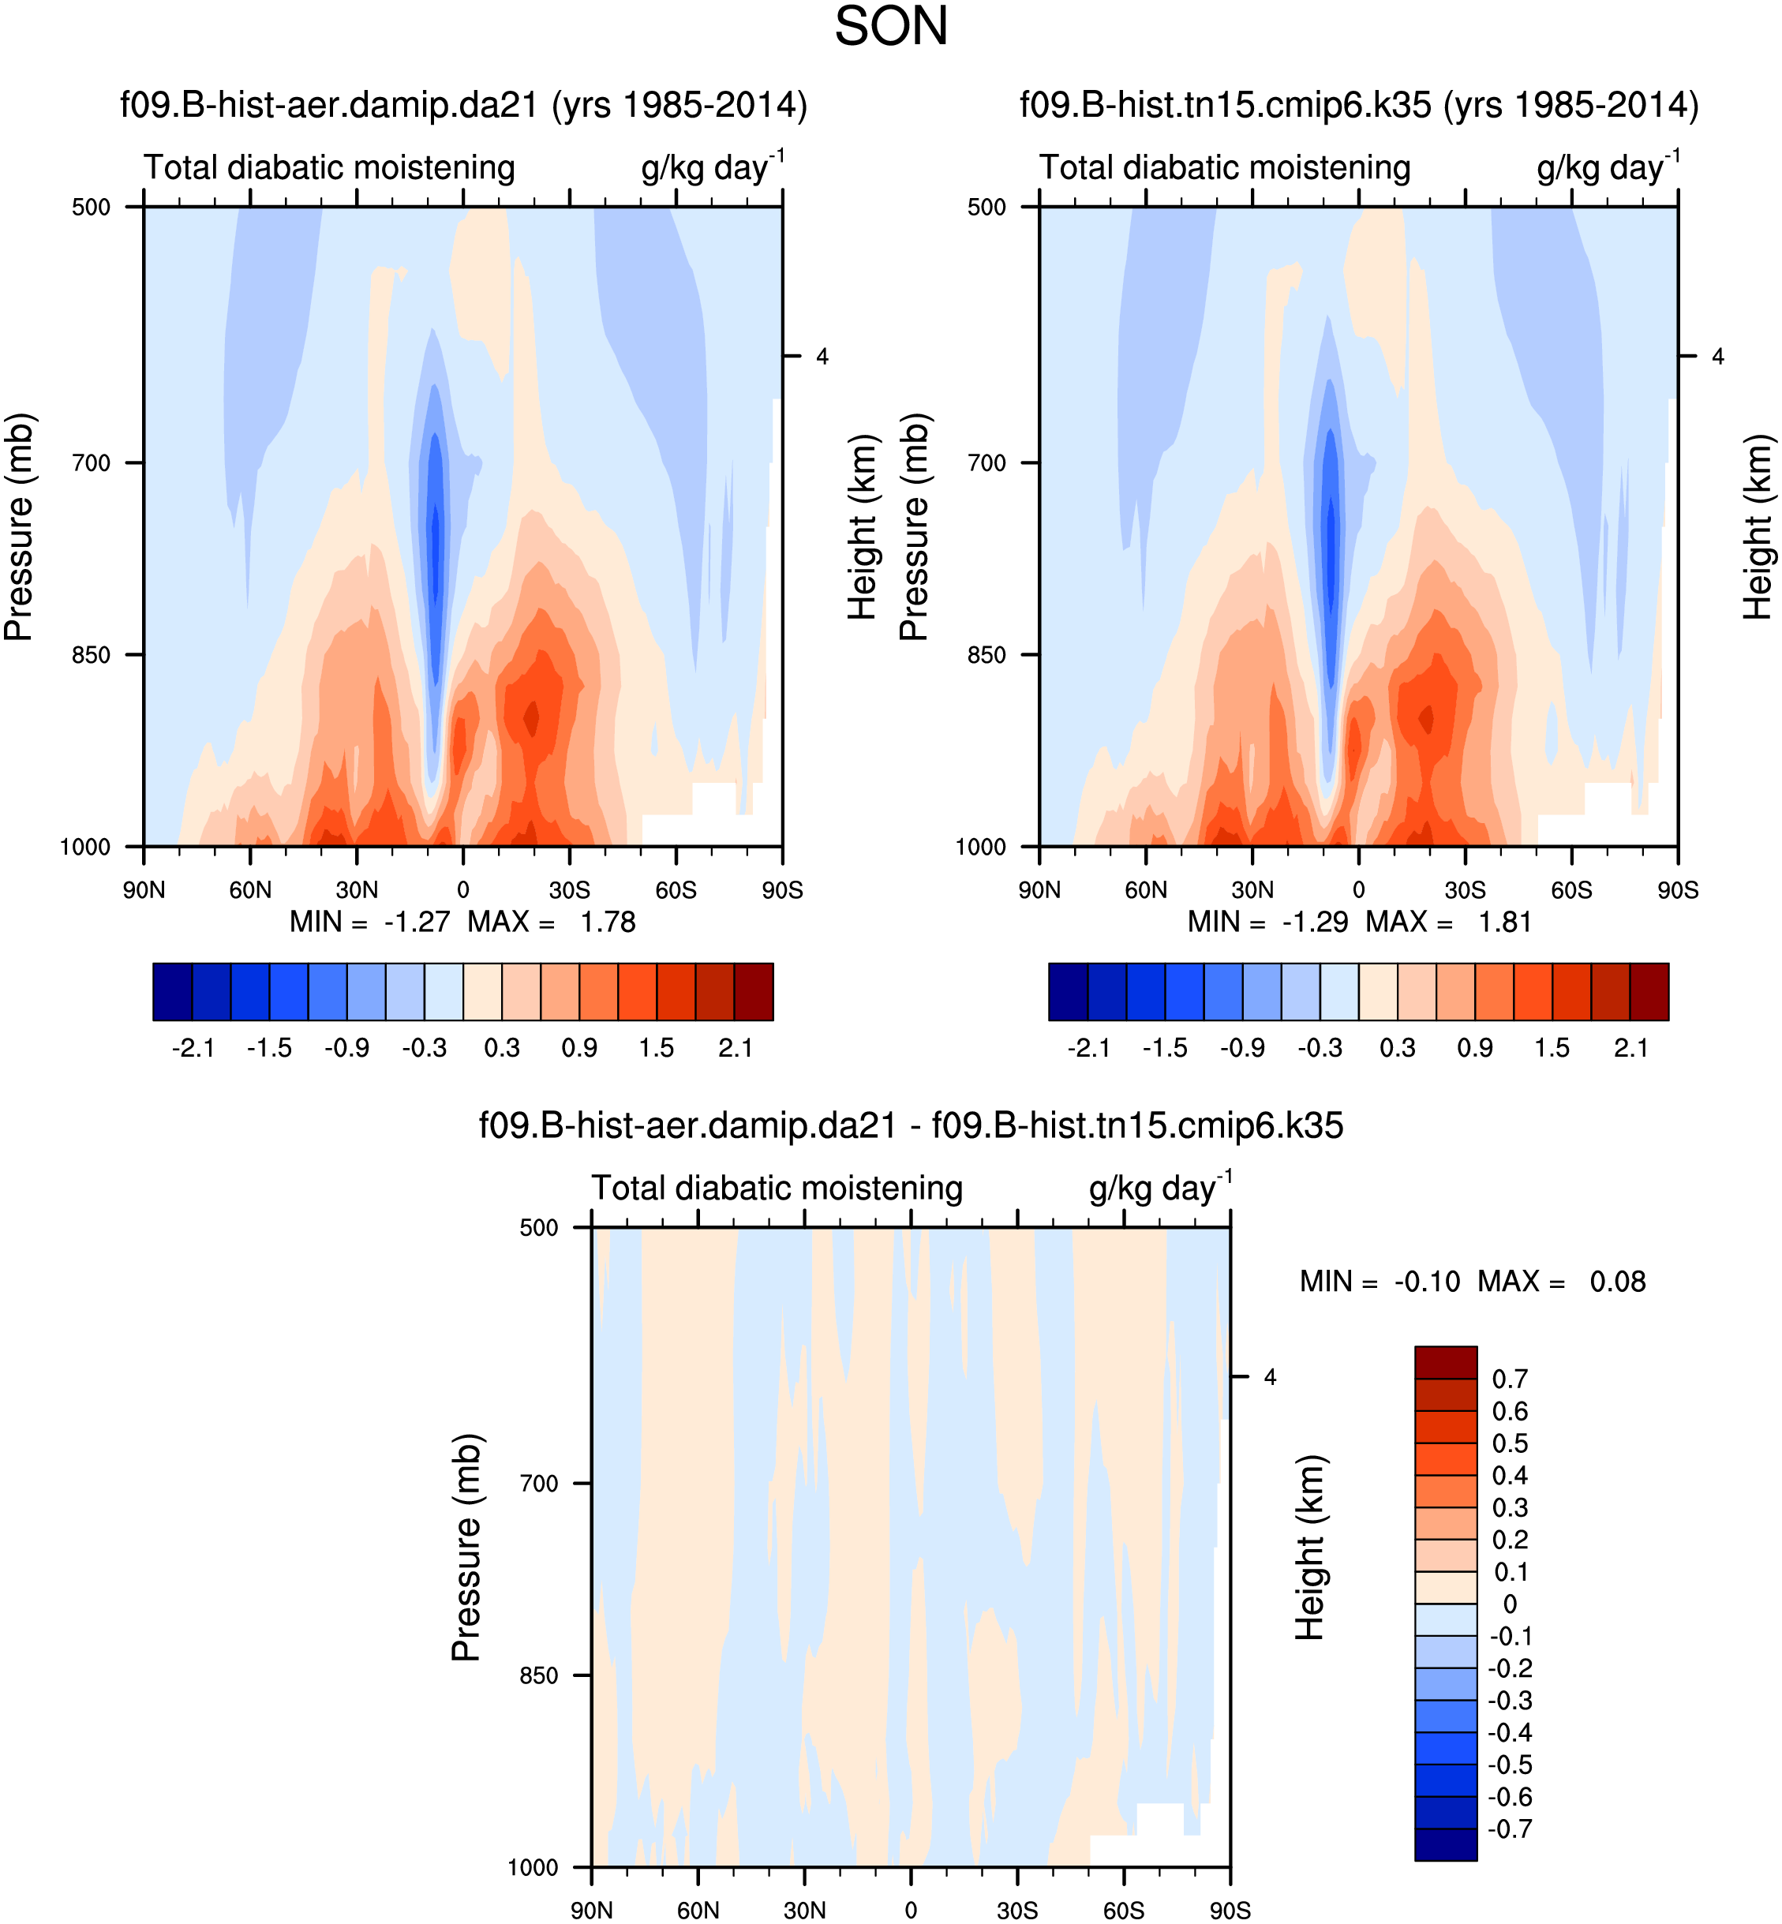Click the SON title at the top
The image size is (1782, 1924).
[891, 27]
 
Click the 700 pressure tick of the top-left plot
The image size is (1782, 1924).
[92, 463]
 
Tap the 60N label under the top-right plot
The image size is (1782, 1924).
[1146, 890]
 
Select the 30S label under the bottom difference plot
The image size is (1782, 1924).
[1017, 1911]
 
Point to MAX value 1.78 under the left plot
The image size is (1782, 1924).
[608, 923]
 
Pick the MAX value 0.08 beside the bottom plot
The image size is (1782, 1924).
[1617, 1282]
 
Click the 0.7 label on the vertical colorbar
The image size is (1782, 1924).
[1509, 1379]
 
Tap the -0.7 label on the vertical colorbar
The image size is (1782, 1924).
[1509, 1829]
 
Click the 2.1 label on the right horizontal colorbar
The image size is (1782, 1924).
[1630, 1048]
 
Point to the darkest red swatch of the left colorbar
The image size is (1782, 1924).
[753, 991]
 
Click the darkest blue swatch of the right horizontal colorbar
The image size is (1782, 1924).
[1069, 991]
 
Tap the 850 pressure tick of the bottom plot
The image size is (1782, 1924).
[539, 1675]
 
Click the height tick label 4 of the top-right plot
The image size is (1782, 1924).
[1717, 357]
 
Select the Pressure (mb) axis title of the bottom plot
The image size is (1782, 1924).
[466, 1547]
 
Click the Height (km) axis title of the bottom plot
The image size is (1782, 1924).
[1308, 1547]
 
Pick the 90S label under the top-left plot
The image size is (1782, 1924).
[781, 890]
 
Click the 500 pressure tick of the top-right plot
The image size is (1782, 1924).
[986, 208]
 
